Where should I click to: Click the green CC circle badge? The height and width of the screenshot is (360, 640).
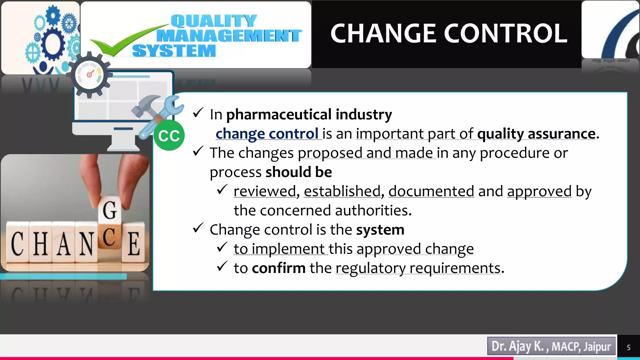169,136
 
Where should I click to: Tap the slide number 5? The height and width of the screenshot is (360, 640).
628,347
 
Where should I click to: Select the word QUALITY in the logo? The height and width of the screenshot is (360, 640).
214,21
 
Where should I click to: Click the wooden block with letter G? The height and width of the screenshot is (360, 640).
110,210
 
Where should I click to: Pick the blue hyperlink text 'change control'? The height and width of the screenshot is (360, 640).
267,134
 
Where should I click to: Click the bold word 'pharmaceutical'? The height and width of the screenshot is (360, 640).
279,114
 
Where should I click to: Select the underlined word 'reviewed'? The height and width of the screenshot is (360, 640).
265,191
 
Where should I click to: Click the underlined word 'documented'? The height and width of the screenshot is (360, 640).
431,191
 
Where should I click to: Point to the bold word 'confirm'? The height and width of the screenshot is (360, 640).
279,268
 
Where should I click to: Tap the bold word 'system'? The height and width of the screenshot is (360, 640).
380,230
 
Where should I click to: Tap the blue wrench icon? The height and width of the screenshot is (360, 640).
162,116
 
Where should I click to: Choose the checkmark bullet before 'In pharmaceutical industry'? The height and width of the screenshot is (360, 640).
198,113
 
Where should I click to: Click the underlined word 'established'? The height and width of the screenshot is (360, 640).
342,191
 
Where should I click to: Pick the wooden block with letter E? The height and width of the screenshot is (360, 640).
134,244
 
